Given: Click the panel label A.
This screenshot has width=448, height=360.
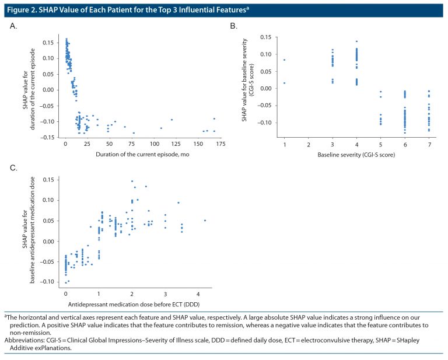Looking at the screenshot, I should click(x=14, y=27).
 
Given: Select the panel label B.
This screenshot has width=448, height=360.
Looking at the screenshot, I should click(x=233, y=27).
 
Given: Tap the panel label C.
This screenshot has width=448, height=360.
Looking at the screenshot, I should click(x=14, y=168).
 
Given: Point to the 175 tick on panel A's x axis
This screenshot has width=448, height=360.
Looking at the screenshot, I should click(x=219, y=144).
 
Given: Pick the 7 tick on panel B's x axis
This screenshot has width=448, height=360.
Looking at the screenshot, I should click(x=429, y=144).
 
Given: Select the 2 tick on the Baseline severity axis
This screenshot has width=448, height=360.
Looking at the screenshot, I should click(x=308, y=144).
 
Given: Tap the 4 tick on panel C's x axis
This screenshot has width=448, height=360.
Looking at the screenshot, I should click(x=199, y=293).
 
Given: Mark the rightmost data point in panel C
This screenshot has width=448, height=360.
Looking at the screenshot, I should click(x=205, y=221).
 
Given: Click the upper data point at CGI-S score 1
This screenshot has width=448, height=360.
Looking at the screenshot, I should click(x=284, y=60).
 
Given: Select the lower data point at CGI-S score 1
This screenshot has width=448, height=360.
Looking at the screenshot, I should click(x=284, y=83).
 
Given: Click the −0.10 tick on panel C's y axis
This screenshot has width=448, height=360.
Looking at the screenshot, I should click(x=51, y=282).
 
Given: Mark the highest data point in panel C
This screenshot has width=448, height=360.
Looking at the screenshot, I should click(x=132, y=181).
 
